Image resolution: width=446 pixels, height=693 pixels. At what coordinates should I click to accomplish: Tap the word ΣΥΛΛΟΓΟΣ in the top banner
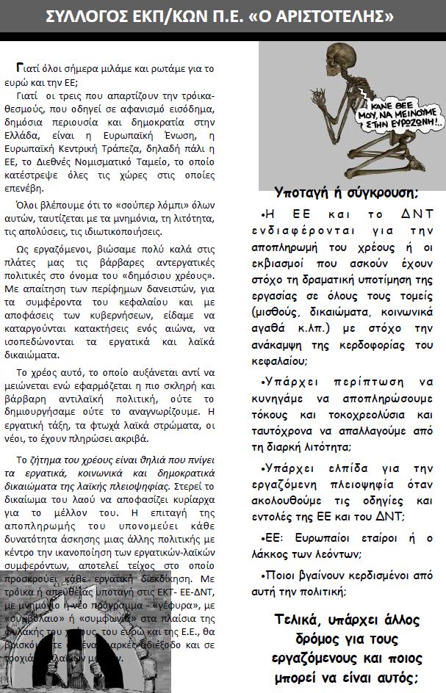click(x=87, y=16)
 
